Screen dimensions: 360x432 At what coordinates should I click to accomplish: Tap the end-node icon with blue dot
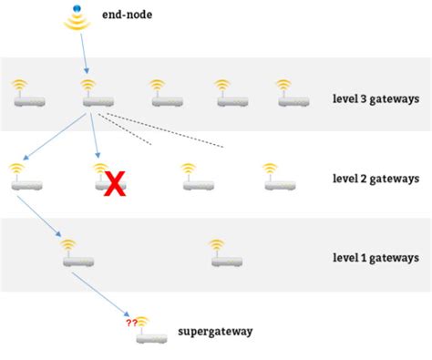(77, 18)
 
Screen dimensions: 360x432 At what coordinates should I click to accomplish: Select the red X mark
(114, 183)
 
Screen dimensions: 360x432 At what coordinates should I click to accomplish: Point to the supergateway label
(216, 332)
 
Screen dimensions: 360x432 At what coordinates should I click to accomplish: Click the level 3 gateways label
(375, 96)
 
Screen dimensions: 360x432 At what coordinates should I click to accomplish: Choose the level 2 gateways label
(375, 179)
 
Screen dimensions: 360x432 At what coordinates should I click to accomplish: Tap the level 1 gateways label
(375, 258)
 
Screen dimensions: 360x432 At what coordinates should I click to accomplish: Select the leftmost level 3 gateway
(22, 94)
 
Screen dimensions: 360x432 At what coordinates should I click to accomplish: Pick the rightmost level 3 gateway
(290, 94)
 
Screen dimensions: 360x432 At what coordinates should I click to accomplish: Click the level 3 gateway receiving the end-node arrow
(87, 94)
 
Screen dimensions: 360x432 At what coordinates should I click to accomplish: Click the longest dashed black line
(164, 130)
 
